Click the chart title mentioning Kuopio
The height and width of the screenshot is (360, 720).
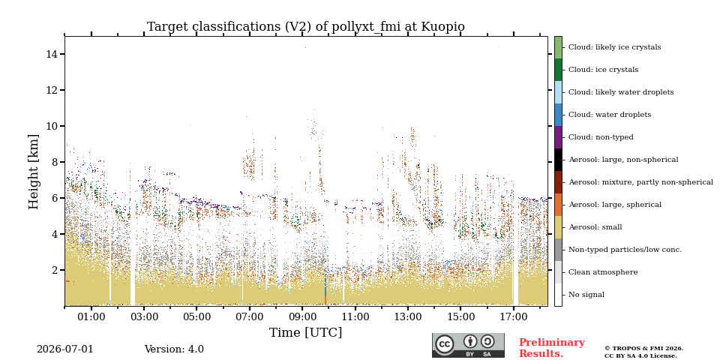pyautogui.click(x=306, y=27)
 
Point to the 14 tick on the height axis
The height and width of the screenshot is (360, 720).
pyautogui.click(x=62, y=54)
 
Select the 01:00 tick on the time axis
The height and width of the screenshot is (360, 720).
pyautogui.click(x=91, y=308)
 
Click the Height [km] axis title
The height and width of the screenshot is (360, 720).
pyautogui.click(x=34, y=172)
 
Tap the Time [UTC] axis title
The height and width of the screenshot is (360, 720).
pyautogui.click(x=306, y=332)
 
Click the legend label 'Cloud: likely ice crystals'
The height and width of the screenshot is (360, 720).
pyautogui.click(x=615, y=47)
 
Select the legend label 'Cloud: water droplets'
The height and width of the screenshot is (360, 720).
pyautogui.click(x=610, y=115)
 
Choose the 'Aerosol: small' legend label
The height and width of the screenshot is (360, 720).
pyautogui.click(x=595, y=227)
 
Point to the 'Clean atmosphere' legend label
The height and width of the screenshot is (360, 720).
pyautogui.click(x=603, y=272)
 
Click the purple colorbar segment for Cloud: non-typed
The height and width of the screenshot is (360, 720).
pyautogui.click(x=558, y=137)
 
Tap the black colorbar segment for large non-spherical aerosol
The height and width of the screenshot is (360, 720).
pyautogui.click(x=558, y=160)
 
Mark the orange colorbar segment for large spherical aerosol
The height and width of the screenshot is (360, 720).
pyautogui.click(x=558, y=205)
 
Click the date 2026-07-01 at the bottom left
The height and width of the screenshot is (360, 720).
pyautogui.click(x=65, y=349)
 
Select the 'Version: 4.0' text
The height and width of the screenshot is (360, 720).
pyautogui.click(x=174, y=349)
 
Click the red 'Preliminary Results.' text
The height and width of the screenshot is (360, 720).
pyautogui.click(x=552, y=348)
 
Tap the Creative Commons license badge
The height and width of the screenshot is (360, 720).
pyautogui.click(x=468, y=345)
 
